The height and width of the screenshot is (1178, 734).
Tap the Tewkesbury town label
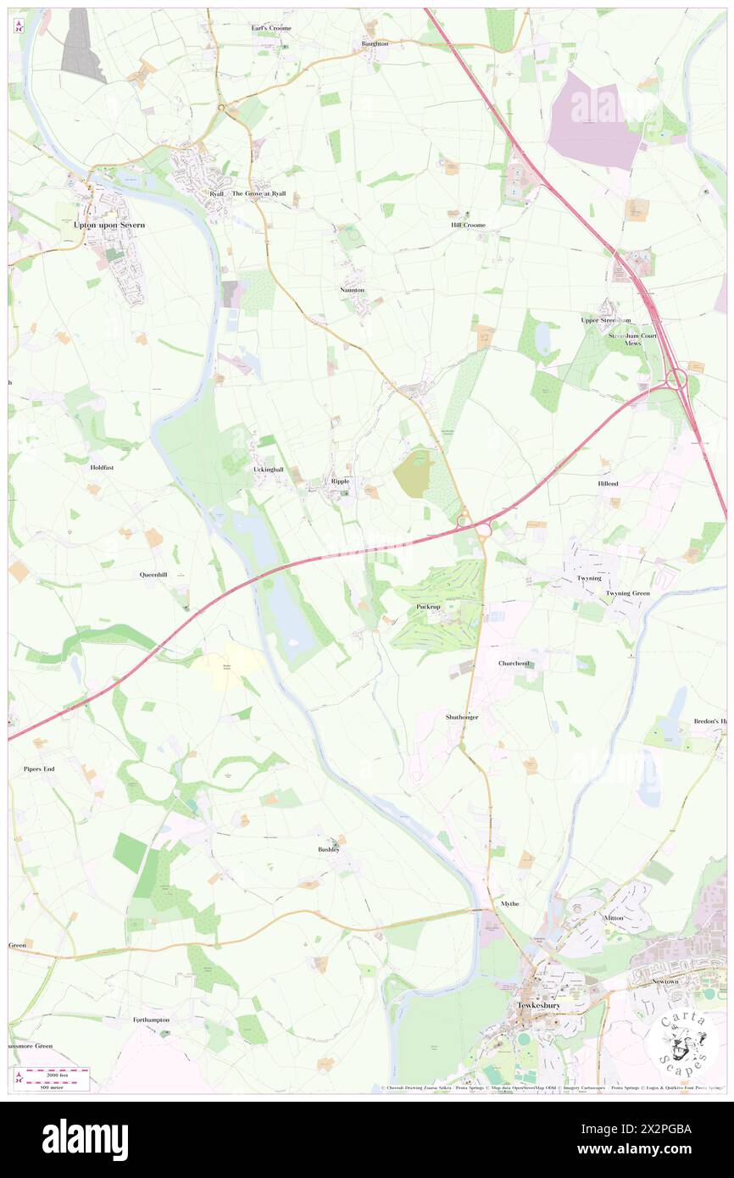(x=538, y=1005)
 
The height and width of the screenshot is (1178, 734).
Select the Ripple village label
(x=341, y=481)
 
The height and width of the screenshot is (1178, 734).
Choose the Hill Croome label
(x=468, y=225)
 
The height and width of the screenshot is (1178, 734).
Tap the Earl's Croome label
(x=271, y=29)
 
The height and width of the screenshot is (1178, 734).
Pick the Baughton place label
(x=375, y=43)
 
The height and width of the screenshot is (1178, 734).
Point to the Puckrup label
(x=429, y=607)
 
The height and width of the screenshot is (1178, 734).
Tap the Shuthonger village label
(x=462, y=717)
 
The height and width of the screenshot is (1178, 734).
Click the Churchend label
(x=514, y=664)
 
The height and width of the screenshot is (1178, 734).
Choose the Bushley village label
(x=329, y=849)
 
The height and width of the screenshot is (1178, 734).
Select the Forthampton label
(x=151, y=1020)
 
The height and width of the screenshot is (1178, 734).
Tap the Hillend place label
(x=608, y=483)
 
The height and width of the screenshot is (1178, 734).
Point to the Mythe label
(x=509, y=903)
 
